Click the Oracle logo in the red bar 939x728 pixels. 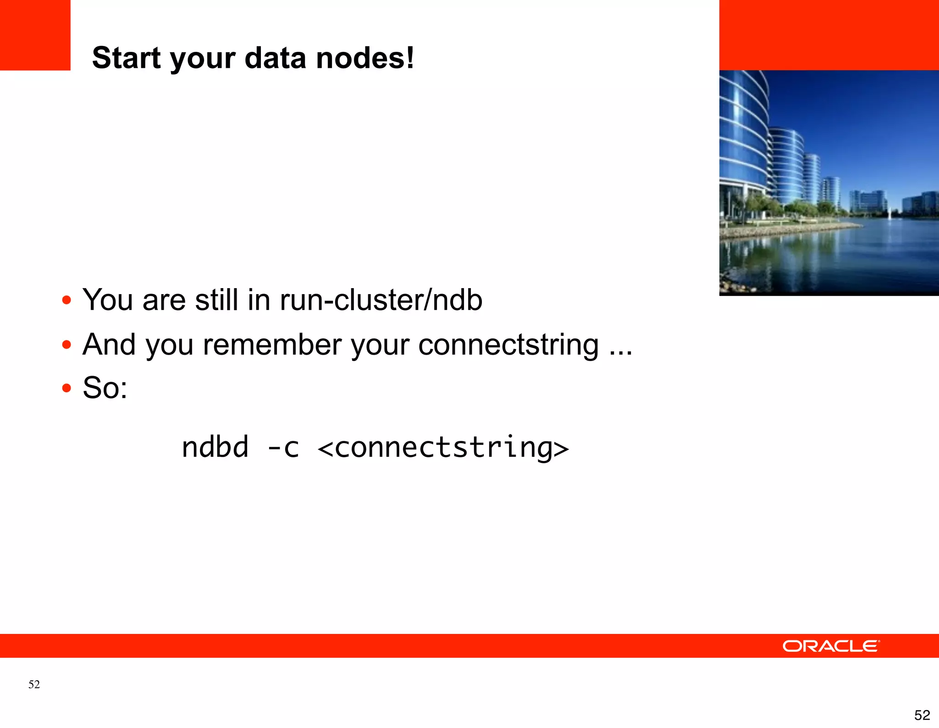point(831,646)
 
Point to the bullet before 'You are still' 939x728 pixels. point(67,300)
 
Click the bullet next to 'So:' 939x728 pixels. point(67,388)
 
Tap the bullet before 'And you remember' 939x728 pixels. point(67,345)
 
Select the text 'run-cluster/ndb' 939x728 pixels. point(381,300)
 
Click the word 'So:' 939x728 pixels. point(105,388)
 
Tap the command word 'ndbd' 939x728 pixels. point(215,447)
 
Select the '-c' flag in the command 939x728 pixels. point(283,447)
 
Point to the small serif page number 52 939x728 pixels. point(34,684)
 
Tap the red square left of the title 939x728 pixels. point(35,35)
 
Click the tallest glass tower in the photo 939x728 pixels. point(743,138)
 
